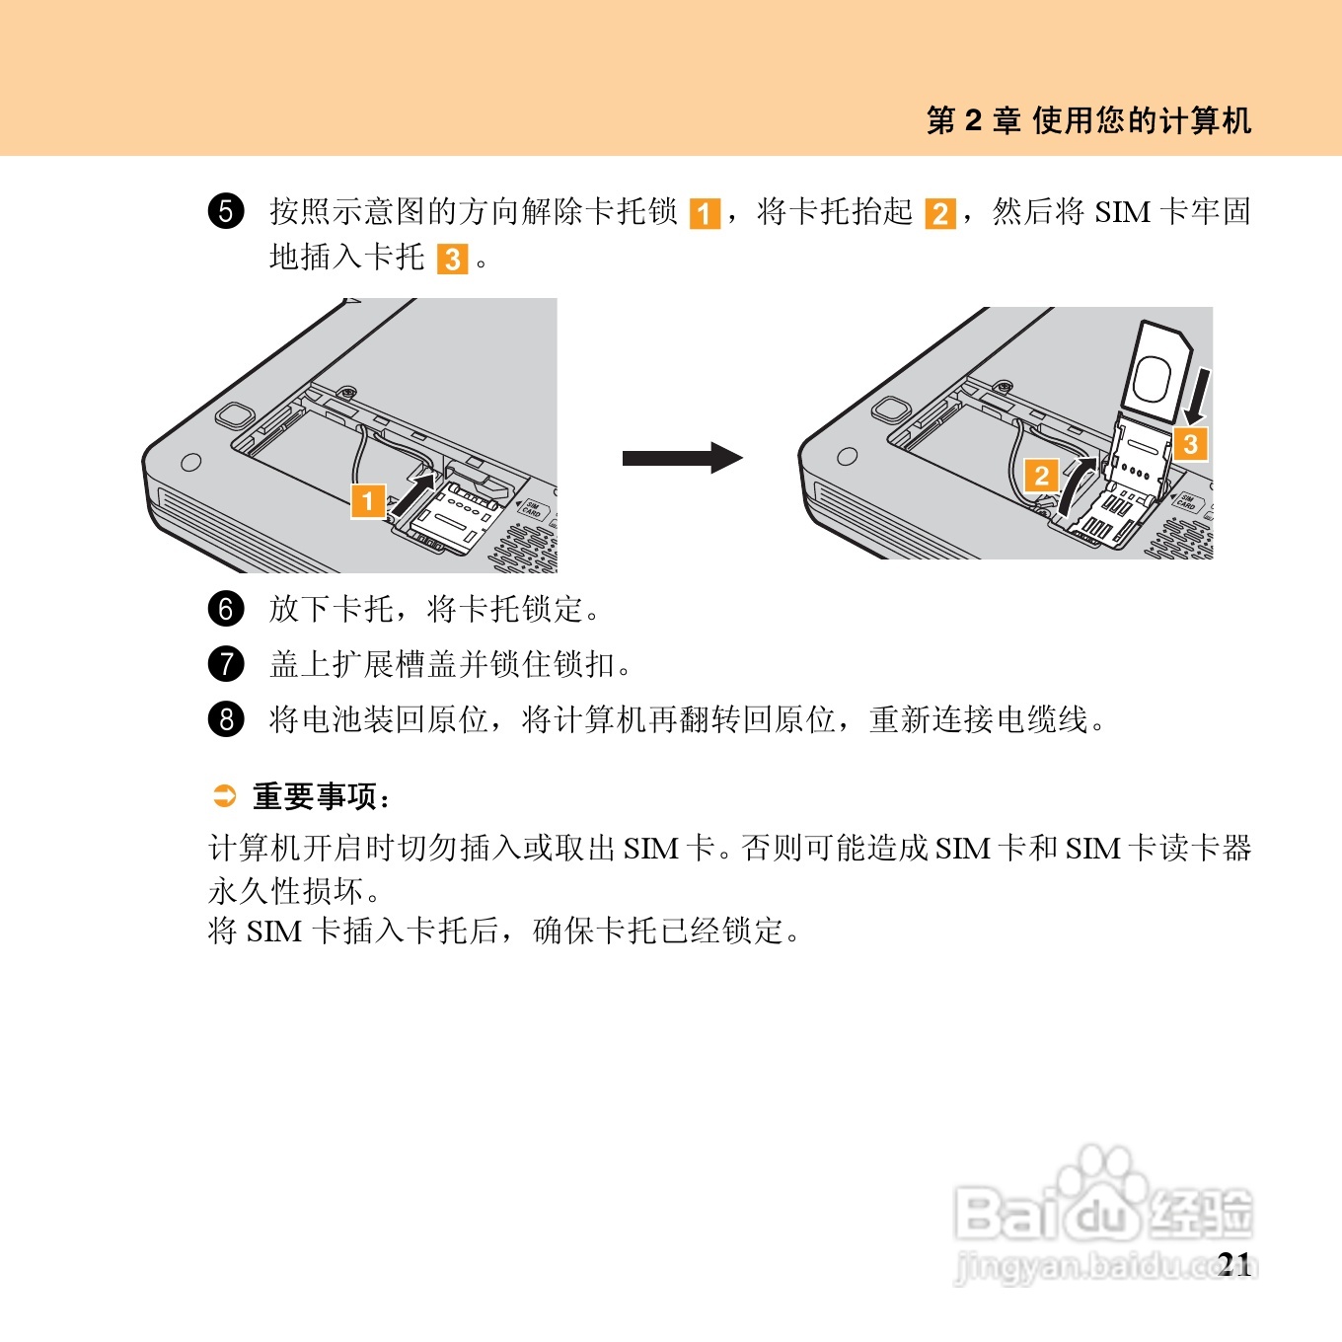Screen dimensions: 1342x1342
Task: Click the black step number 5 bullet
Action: point(226,211)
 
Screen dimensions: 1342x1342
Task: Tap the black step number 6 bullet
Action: point(226,609)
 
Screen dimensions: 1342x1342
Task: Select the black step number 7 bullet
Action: point(226,664)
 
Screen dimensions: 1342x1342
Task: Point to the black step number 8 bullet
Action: point(226,718)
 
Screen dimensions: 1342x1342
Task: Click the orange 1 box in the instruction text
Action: point(705,213)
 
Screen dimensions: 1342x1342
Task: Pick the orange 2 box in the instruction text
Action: point(940,213)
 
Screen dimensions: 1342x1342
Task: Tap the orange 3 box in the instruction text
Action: point(453,260)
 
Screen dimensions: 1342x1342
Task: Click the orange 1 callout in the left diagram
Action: point(368,501)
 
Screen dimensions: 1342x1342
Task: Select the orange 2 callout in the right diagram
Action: point(1042,476)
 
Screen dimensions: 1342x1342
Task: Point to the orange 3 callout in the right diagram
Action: point(1191,444)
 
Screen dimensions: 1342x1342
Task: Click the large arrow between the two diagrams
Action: point(683,458)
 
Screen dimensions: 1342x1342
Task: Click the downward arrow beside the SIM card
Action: point(1199,396)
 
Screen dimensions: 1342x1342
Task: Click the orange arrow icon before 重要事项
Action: point(224,795)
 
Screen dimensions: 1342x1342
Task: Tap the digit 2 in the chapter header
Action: point(973,120)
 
